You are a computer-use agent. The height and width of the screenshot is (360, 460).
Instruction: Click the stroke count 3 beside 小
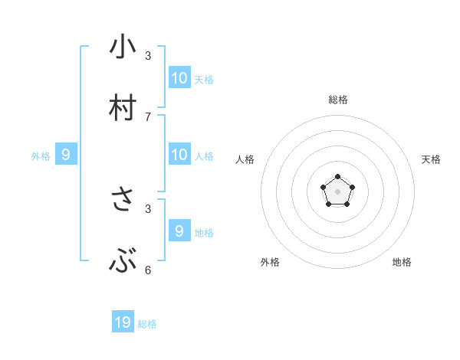(148, 56)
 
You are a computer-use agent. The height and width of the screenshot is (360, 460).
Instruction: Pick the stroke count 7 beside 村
(148, 117)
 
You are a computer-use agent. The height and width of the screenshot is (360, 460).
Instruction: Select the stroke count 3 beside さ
(148, 208)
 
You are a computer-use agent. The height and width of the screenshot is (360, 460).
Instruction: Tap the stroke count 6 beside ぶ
(148, 270)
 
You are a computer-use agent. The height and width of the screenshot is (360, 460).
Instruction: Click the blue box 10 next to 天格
(179, 77)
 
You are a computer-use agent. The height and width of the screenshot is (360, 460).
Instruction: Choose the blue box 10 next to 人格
(179, 154)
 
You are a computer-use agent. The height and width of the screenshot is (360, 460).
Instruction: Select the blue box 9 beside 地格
(179, 231)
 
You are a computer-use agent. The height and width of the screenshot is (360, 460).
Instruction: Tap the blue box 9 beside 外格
(66, 154)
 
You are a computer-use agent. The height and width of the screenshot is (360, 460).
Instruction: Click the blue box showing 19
(123, 322)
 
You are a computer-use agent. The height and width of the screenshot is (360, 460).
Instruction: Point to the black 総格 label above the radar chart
(338, 100)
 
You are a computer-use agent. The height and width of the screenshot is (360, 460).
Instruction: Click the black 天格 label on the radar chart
(431, 159)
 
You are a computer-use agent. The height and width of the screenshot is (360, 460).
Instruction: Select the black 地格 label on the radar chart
(402, 262)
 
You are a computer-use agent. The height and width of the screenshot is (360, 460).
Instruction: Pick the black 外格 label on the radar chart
(270, 262)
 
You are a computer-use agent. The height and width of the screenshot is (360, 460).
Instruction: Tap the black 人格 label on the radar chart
(245, 159)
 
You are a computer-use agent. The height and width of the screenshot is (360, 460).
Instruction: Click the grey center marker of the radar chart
(337, 191)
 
